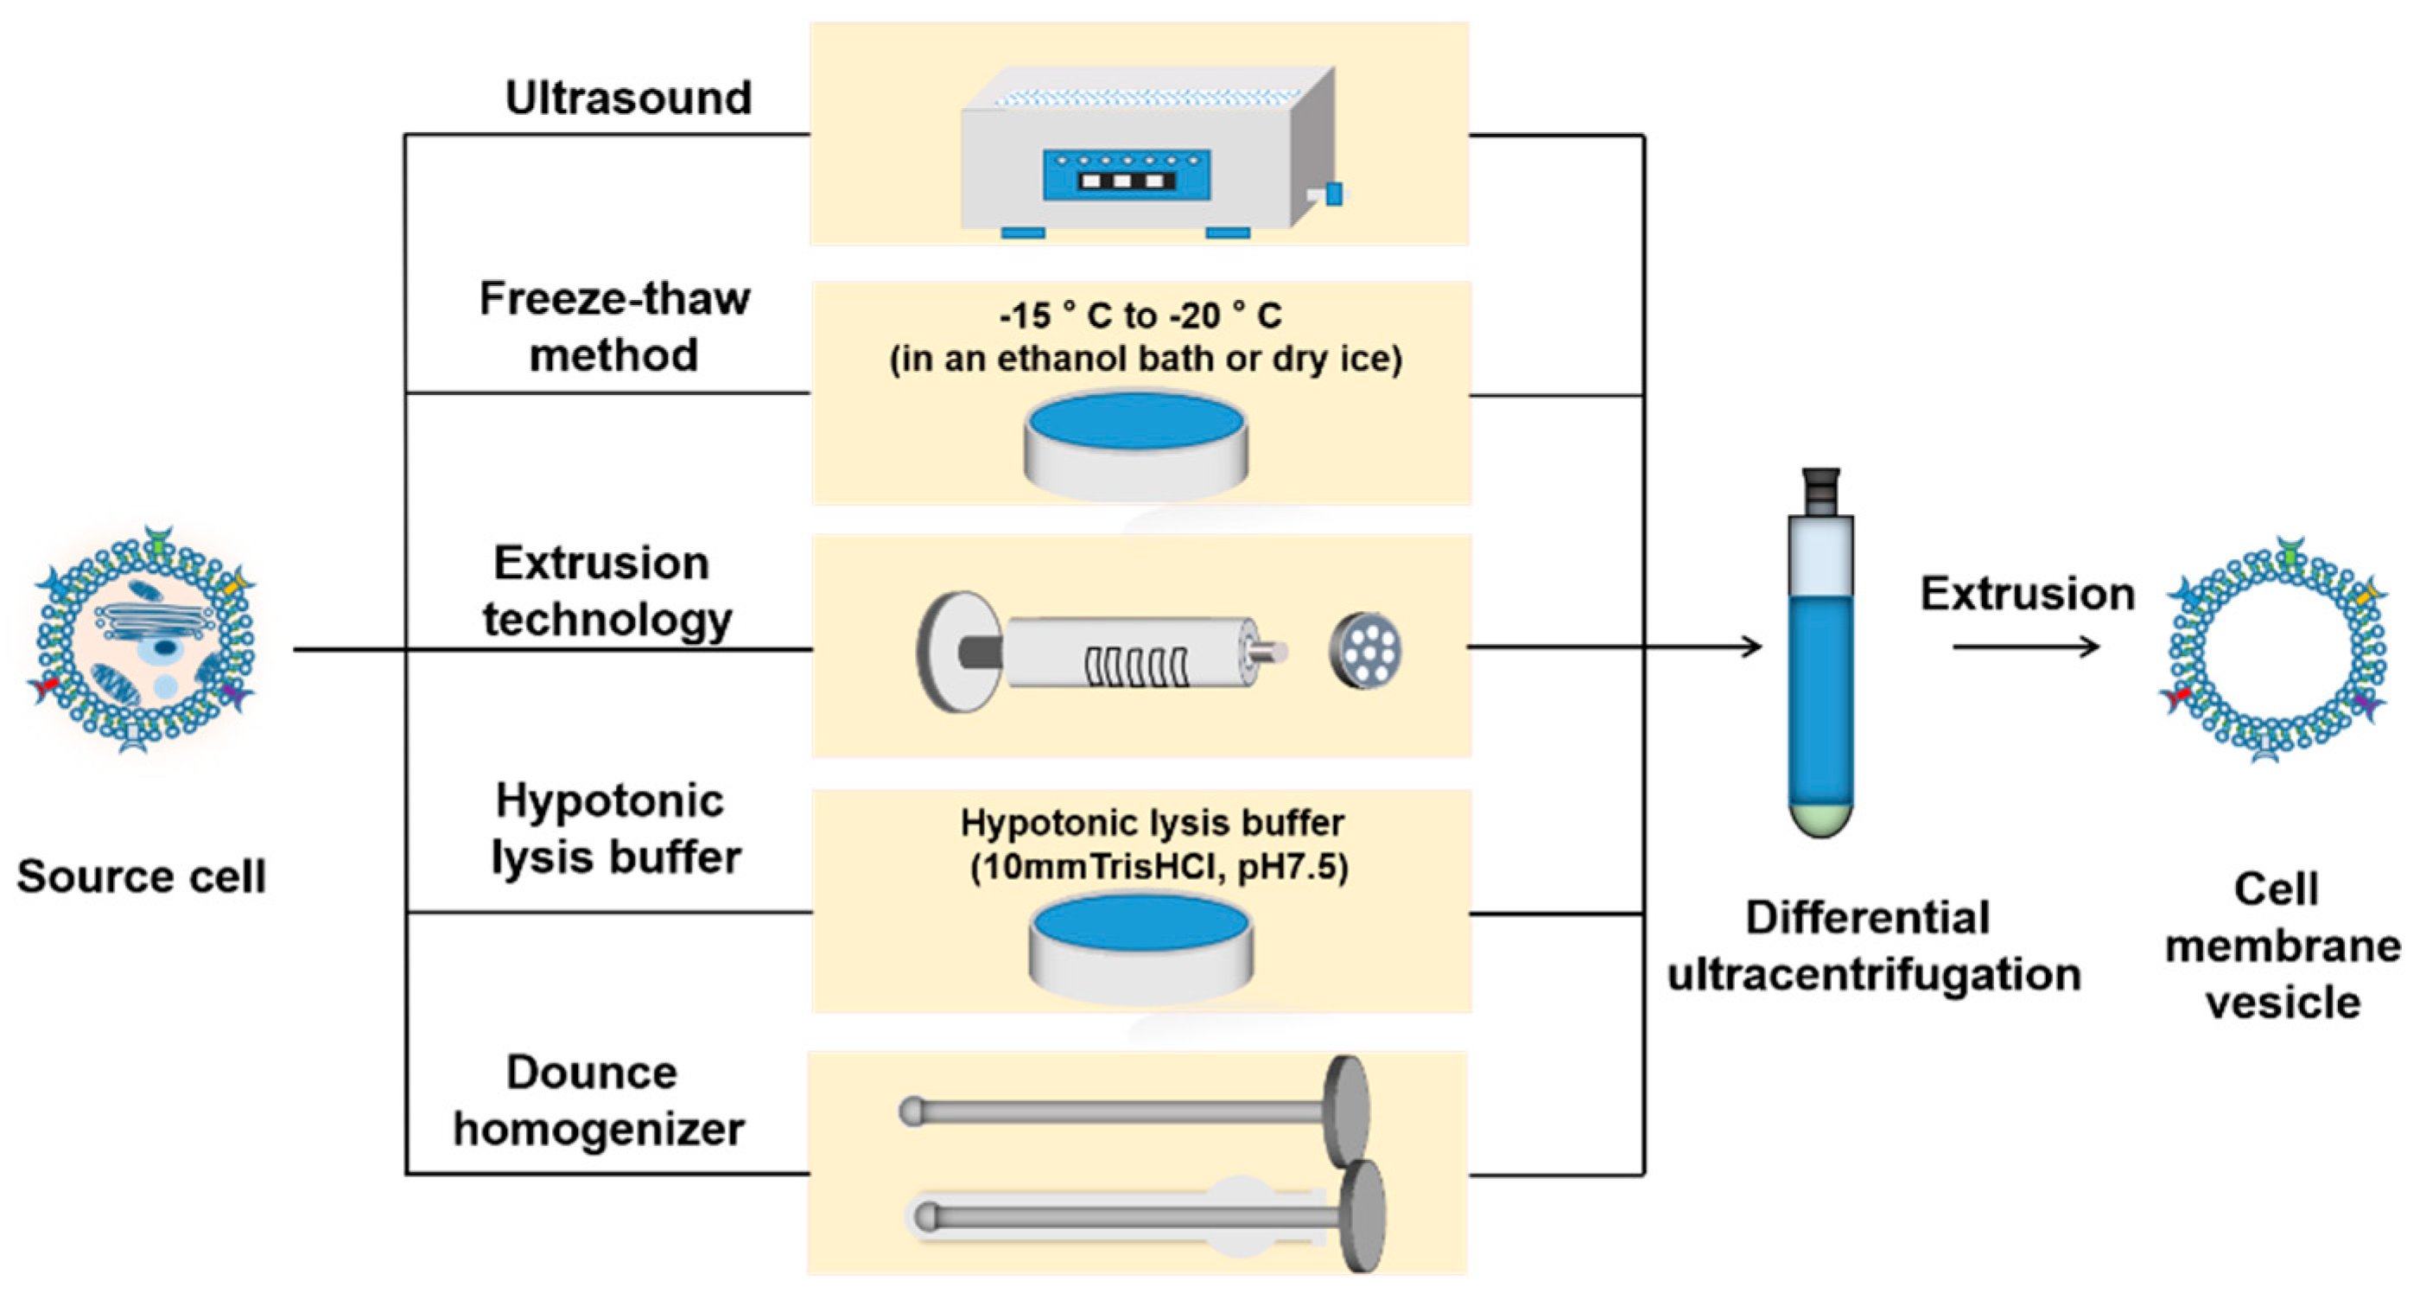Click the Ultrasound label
click(x=628, y=98)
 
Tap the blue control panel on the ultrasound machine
click(x=1126, y=175)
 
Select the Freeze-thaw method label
click(x=614, y=327)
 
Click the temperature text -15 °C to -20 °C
click(x=1140, y=315)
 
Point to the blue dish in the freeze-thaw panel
click(x=1136, y=420)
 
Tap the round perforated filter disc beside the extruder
click(x=1366, y=650)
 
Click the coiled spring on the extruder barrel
click(x=1136, y=666)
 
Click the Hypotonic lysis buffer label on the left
click(x=614, y=829)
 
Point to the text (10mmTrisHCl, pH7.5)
click(x=1159, y=867)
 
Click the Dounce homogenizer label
click(x=598, y=1100)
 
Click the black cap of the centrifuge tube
click(x=1820, y=489)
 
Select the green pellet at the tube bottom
click(x=1820, y=818)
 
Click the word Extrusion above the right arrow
click(x=2026, y=594)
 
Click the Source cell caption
click(x=142, y=876)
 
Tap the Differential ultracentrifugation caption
click(x=1873, y=946)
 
